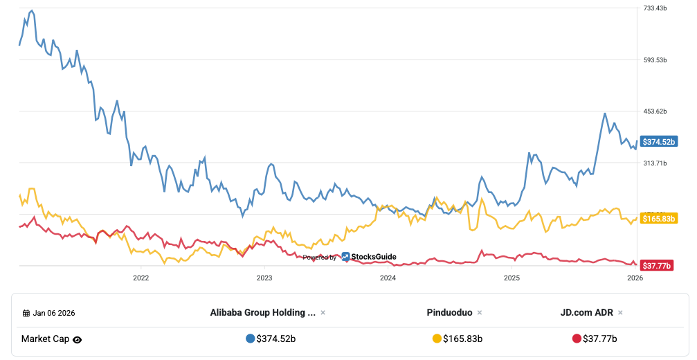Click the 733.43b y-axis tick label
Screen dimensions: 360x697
[x=655, y=8]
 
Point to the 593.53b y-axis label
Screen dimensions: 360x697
[x=655, y=60]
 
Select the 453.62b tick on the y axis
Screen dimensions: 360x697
[x=655, y=111]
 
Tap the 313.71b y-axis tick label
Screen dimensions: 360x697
[x=655, y=163]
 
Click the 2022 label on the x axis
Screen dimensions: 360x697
[x=141, y=278]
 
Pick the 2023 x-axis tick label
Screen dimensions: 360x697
[x=264, y=278]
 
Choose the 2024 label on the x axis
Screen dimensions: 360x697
[x=388, y=278]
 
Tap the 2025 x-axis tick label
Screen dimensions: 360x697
[x=512, y=278]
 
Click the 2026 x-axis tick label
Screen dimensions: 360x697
[x=635, y=278]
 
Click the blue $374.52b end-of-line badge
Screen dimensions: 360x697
[x=658, y=142]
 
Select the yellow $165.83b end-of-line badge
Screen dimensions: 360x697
[x=658, y=219]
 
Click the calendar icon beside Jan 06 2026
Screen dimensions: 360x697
[x=26, y=313]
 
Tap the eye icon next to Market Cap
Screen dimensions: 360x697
[x=78, y=339]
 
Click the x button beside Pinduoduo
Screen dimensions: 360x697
[x=480, y=313]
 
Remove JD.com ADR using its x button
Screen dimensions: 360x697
[x=620, y=313]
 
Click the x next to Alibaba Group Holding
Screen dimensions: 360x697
[x=323, y=313]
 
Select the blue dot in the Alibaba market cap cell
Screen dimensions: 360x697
[x=250, y=339]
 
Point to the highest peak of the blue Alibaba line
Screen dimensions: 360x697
[x=32, y=10]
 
